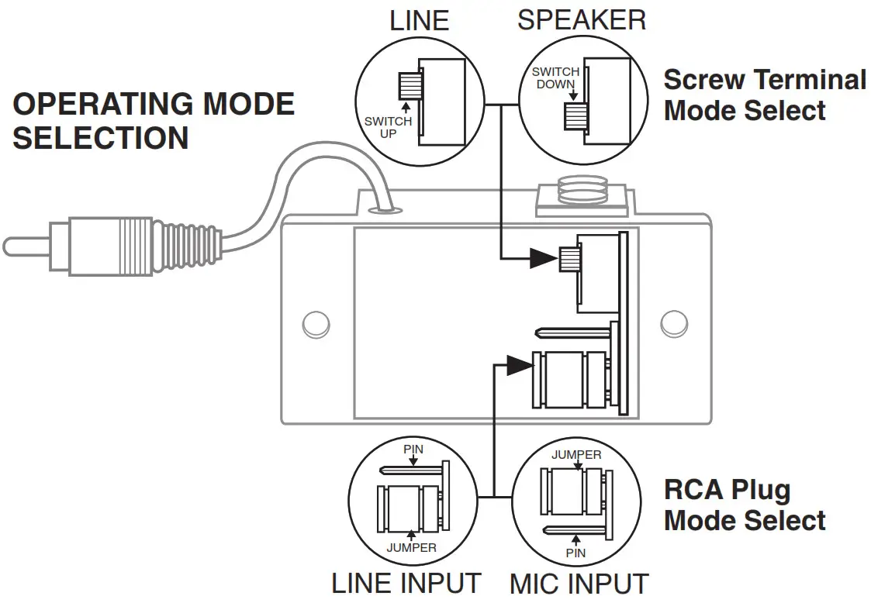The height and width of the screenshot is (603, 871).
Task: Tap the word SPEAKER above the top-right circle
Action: pos(581,20)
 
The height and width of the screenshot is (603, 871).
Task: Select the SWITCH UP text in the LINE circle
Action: pos(388,128)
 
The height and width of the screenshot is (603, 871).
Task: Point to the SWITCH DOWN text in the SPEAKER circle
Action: pos(556,78)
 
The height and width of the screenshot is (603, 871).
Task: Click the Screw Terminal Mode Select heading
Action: pos(764,95)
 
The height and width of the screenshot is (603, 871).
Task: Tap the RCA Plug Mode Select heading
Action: pos(744,505)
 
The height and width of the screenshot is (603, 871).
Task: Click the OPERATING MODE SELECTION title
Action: pos(153,121)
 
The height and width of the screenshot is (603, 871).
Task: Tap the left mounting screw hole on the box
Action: pos(313,323)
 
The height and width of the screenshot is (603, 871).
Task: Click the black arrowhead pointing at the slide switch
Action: pos(543,258)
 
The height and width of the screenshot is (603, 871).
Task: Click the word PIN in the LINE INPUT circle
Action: pos(413,450)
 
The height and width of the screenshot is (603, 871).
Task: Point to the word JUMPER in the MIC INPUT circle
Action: pos(575,455)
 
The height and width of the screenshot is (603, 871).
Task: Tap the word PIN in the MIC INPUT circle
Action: pos(575,553)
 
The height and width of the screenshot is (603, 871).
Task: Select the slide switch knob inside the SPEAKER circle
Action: pos(575,115)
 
